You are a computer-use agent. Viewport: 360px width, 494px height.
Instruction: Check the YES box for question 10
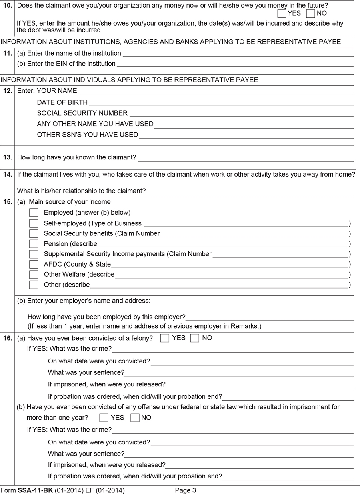click(x=282, y=13)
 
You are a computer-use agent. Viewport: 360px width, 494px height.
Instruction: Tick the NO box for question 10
click(x=311, y=13)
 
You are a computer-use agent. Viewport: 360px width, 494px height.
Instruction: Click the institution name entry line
click(x=238, y=54)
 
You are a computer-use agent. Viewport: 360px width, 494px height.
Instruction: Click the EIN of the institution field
click(x=235, y=64)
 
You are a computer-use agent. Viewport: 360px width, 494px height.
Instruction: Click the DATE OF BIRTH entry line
click(x=221, y=103)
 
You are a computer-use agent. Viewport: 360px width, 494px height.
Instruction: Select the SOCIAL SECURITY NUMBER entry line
click(x=241, y=114)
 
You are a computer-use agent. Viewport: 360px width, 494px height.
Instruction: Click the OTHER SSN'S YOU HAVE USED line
click(x=246, y=135)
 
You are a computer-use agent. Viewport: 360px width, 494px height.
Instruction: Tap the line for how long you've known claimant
click(x=246, y=158)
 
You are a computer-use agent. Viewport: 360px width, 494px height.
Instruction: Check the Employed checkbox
click(x=34, y=213)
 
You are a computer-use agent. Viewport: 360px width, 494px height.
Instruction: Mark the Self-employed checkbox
click(x=34, y=223)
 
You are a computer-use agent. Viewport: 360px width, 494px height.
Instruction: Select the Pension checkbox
click(x=34, y=244)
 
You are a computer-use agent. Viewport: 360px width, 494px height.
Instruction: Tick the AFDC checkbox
click(x=34, y=264)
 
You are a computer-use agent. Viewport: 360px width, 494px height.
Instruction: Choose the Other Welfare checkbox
click(x=34, y=275)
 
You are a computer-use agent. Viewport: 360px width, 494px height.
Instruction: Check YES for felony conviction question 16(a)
click(x=164, y=338)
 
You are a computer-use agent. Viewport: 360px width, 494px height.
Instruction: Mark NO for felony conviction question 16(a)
click(x=195, y=338)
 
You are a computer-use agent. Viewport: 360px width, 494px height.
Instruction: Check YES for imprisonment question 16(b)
click(x=104, y=418)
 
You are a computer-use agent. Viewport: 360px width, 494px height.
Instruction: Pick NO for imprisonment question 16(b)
click(x=135, y=418)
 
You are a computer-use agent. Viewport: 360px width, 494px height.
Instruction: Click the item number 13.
click(x=7, y=157)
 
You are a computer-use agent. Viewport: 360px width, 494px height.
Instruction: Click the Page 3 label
click(x=186, y=490)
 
